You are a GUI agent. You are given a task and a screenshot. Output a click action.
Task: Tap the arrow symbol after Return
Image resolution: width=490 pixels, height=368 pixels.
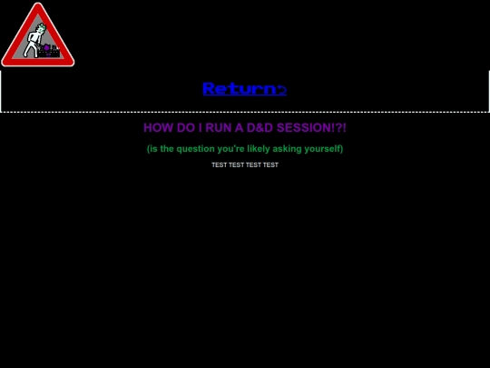pyautogui.click(x=281, y=89)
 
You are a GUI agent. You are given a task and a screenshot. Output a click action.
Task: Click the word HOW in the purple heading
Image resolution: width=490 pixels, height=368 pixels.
pyautogui.click(x=158, y=128)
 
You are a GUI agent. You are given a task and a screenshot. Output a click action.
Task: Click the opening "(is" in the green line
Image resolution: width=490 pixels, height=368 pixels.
pyautogui.click(x=152, y=149)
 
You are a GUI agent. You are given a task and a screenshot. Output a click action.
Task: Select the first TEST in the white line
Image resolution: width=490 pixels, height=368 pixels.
pyautogui.click(x=219, y=165)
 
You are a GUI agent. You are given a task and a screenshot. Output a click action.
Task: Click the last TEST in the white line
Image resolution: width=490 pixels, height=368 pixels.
pyautogui.click(x=270, y=165)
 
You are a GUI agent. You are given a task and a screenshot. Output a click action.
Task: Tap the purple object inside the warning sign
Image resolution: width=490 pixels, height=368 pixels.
pyautogui.click(x=46, y=47)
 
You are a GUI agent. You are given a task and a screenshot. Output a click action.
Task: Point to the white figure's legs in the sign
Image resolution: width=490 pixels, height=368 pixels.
pyautogui.click(x=30, y=51)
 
